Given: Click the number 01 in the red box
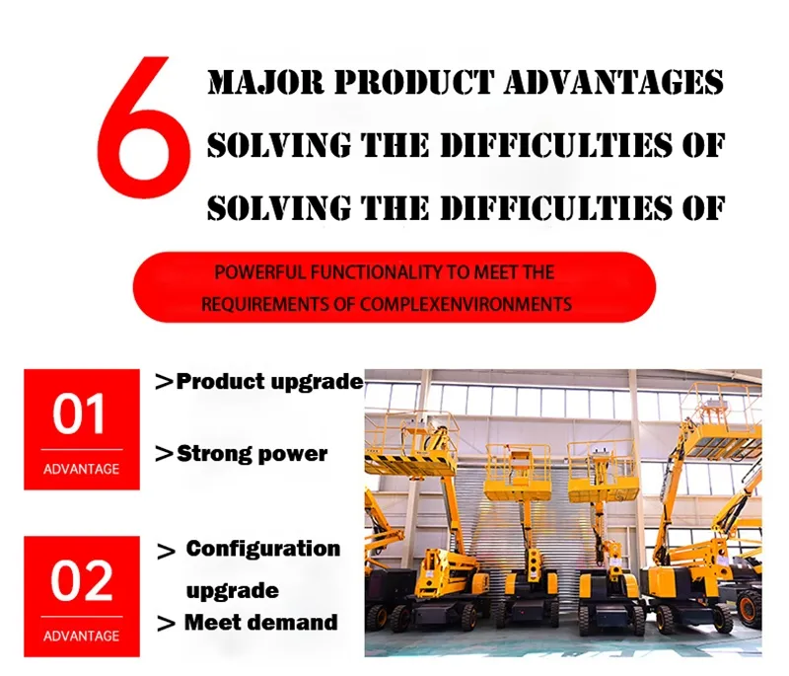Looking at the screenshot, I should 81,414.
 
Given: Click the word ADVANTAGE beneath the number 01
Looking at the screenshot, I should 81,469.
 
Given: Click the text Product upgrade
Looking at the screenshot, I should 269,382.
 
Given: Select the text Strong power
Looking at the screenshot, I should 251,454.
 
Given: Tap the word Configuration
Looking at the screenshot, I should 263,548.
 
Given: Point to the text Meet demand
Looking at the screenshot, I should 260,622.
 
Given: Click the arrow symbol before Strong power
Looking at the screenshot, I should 165,455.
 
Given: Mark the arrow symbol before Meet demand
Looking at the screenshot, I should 167,624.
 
